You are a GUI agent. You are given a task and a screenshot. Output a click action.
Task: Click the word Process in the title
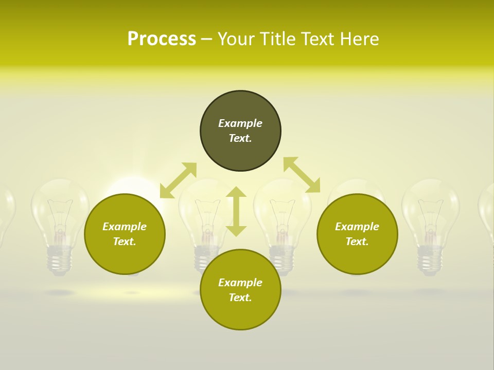pos(162,39)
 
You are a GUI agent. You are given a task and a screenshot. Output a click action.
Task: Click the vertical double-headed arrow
pos(236,211)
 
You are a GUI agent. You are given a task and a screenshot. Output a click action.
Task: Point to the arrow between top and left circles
pos(178,180)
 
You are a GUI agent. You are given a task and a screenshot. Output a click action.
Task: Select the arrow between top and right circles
pos(302,175)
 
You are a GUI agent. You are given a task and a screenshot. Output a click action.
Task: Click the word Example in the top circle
pos(240,123)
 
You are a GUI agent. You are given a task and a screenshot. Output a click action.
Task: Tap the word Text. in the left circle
pos(125,242)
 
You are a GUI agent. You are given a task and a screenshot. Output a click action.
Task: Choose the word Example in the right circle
pos(357,227)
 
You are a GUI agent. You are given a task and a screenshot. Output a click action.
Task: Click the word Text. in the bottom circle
pos(240,298)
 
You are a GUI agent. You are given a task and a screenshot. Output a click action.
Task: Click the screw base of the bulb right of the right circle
pos(430,260)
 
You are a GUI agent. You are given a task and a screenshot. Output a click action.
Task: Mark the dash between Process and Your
pos(207,39)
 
